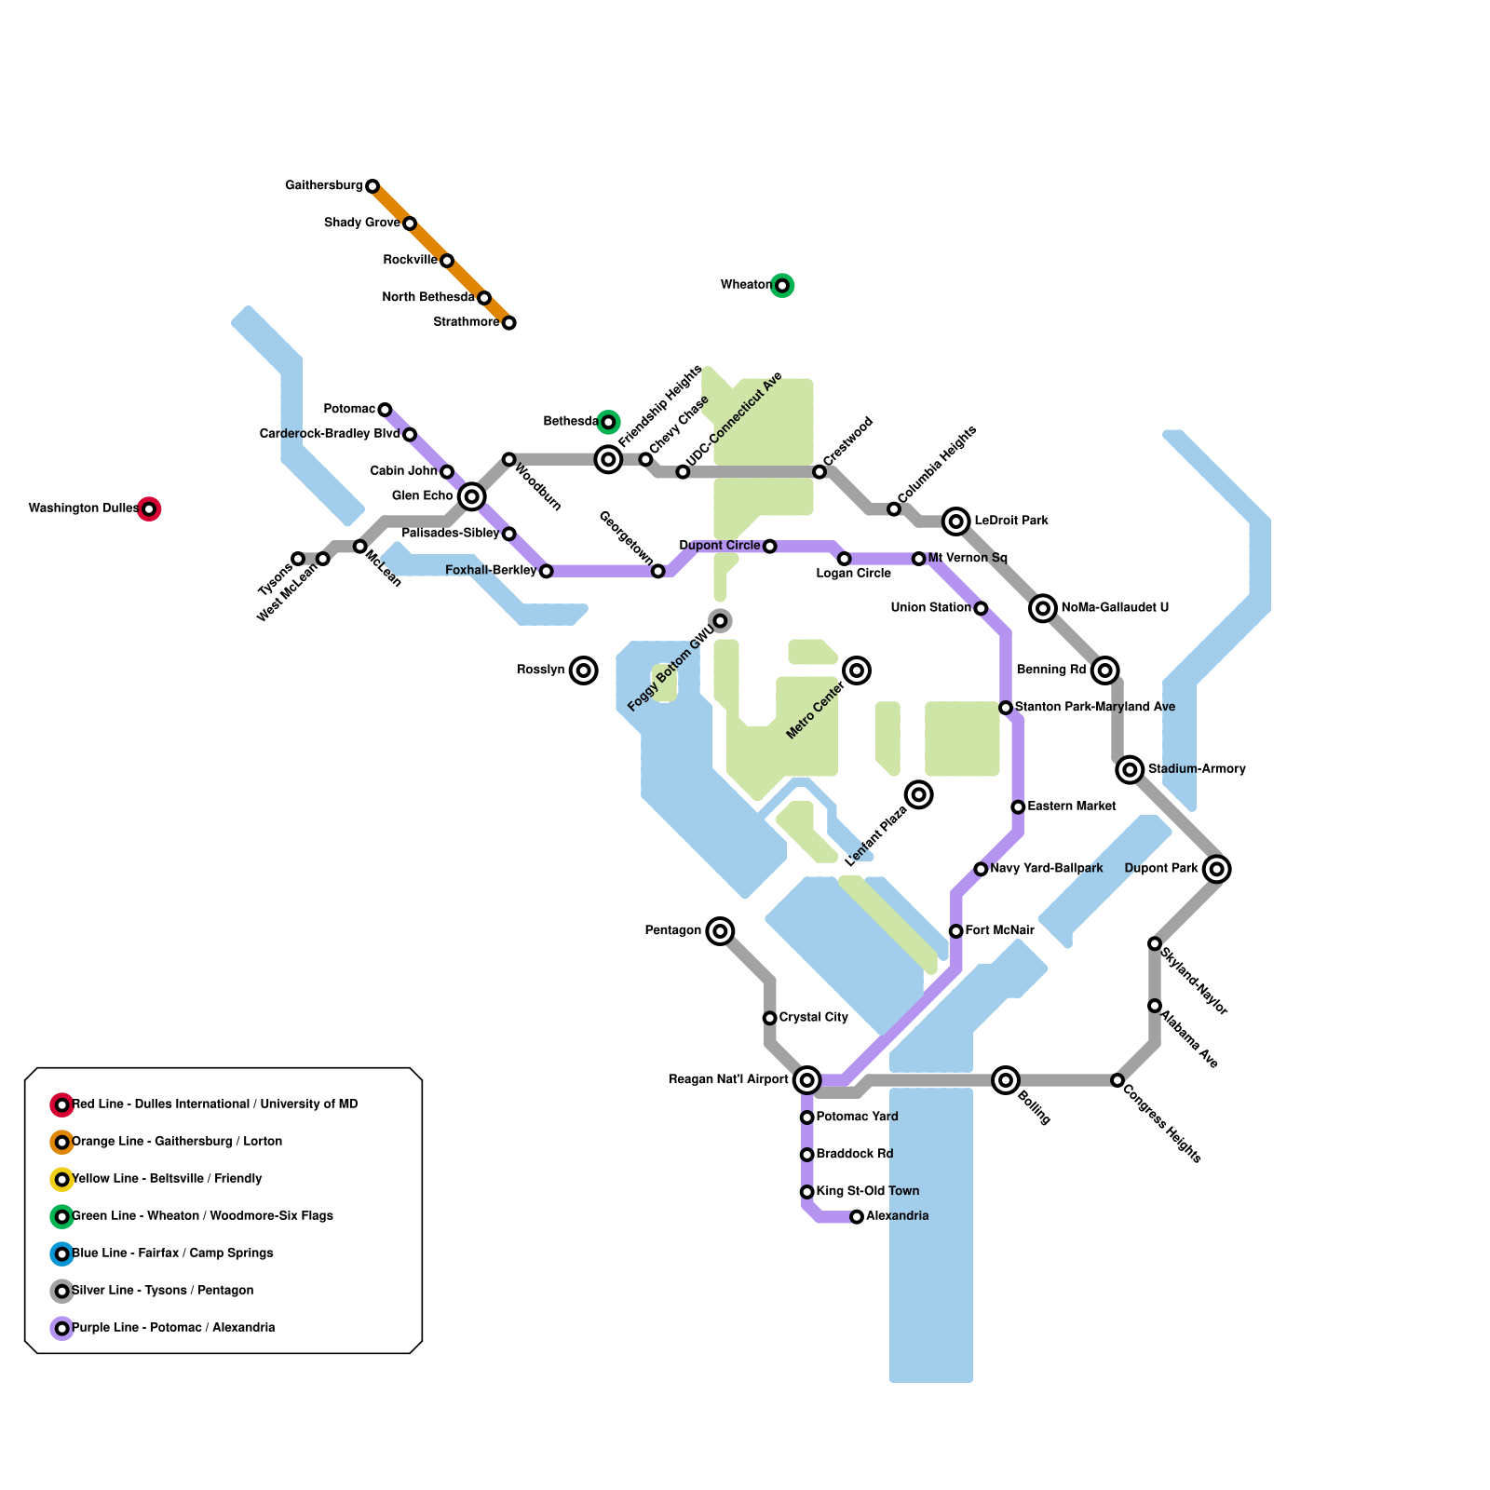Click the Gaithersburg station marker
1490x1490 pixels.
(372, 186)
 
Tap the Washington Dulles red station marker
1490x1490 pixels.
(149, 509)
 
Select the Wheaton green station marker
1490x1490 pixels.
(782, 286)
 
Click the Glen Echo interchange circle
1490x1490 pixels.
(472, 496)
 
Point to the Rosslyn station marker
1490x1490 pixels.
(584, 670)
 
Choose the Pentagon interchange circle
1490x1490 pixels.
(720, 931)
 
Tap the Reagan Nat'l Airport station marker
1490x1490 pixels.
(807, 1080)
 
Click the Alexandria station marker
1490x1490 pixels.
(857, 1217)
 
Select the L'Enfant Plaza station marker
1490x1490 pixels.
(919, 794)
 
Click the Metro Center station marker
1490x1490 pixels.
(857, 670)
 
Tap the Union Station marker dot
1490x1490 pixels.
(981, 609)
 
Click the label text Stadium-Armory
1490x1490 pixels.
(1197, 769)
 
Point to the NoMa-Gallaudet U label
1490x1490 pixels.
(1115, 608)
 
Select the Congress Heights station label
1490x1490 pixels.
(1162, 1121)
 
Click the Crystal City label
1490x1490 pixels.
(814, 1018)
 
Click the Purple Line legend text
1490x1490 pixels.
(173, 1328)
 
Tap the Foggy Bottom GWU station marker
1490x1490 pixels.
(720, 621)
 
